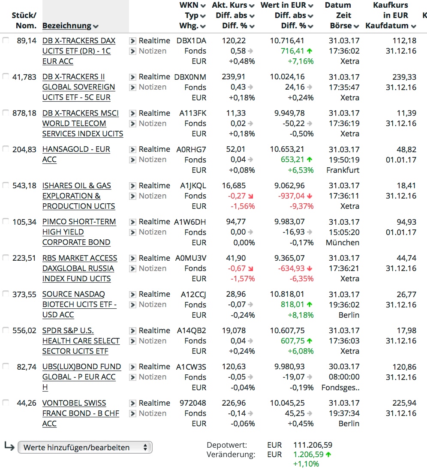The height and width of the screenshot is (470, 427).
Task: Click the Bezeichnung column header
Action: coord(67,26)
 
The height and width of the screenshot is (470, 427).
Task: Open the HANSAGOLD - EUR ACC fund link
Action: coord(76,149)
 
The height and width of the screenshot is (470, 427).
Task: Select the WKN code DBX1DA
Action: coord(191,41)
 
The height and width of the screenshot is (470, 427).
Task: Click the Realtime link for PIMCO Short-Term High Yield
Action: coord(154,222)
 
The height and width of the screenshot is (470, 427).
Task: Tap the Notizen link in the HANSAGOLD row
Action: coord(153,160)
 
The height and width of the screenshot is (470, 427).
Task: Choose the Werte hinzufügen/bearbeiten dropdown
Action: coord(85,447)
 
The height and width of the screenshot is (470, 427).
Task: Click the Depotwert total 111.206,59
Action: coord(313,445)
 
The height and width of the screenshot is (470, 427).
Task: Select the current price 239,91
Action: coord(234,77)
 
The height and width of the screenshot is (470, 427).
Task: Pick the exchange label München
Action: coord(343,242)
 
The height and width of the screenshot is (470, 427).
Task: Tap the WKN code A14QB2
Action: coord(192,331)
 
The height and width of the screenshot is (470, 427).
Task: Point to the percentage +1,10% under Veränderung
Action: coord(306,464)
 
